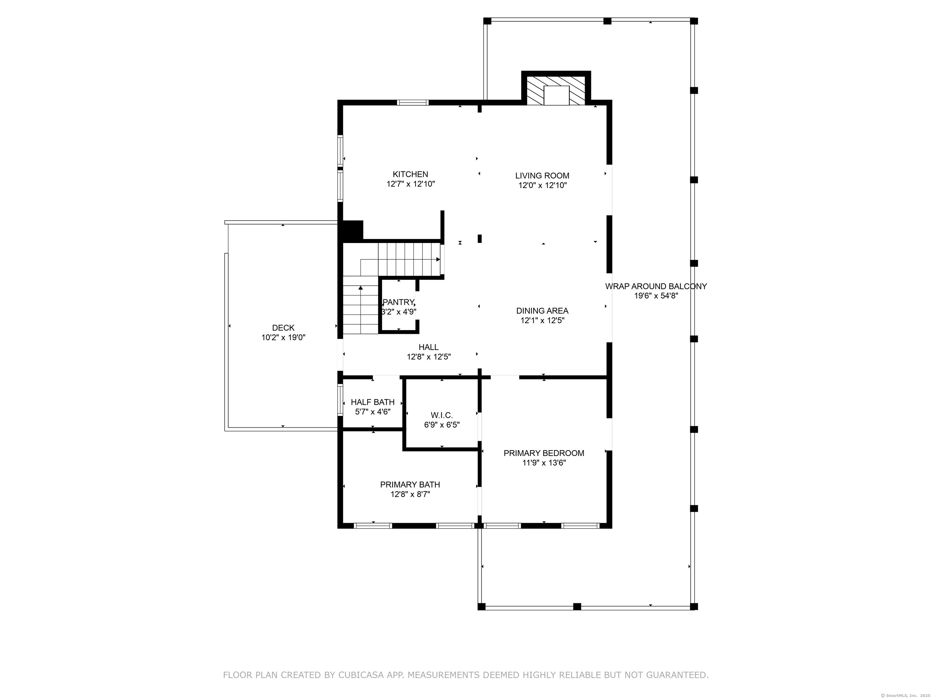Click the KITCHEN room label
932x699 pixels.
(x=410, y=174)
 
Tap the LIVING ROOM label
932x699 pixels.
(x=542, y=176)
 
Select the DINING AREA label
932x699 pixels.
(x=542, y=311)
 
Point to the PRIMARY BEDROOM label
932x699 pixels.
(x=544, y=453)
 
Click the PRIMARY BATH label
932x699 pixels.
(x=410, y=485)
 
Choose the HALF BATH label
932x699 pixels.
(x=373, y=402)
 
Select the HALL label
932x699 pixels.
(x=428, y=347)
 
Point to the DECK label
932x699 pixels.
(x=283, y=328)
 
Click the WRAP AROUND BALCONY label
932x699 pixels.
(x=656, y=286)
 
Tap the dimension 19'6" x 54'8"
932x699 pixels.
(x=656, y=296)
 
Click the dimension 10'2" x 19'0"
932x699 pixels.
(x=283, y=337)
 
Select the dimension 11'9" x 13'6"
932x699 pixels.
(x=544, y=463)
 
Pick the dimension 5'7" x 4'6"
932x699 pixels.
(x=373, y=412)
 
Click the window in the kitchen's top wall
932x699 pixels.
(x=413, y=102)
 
